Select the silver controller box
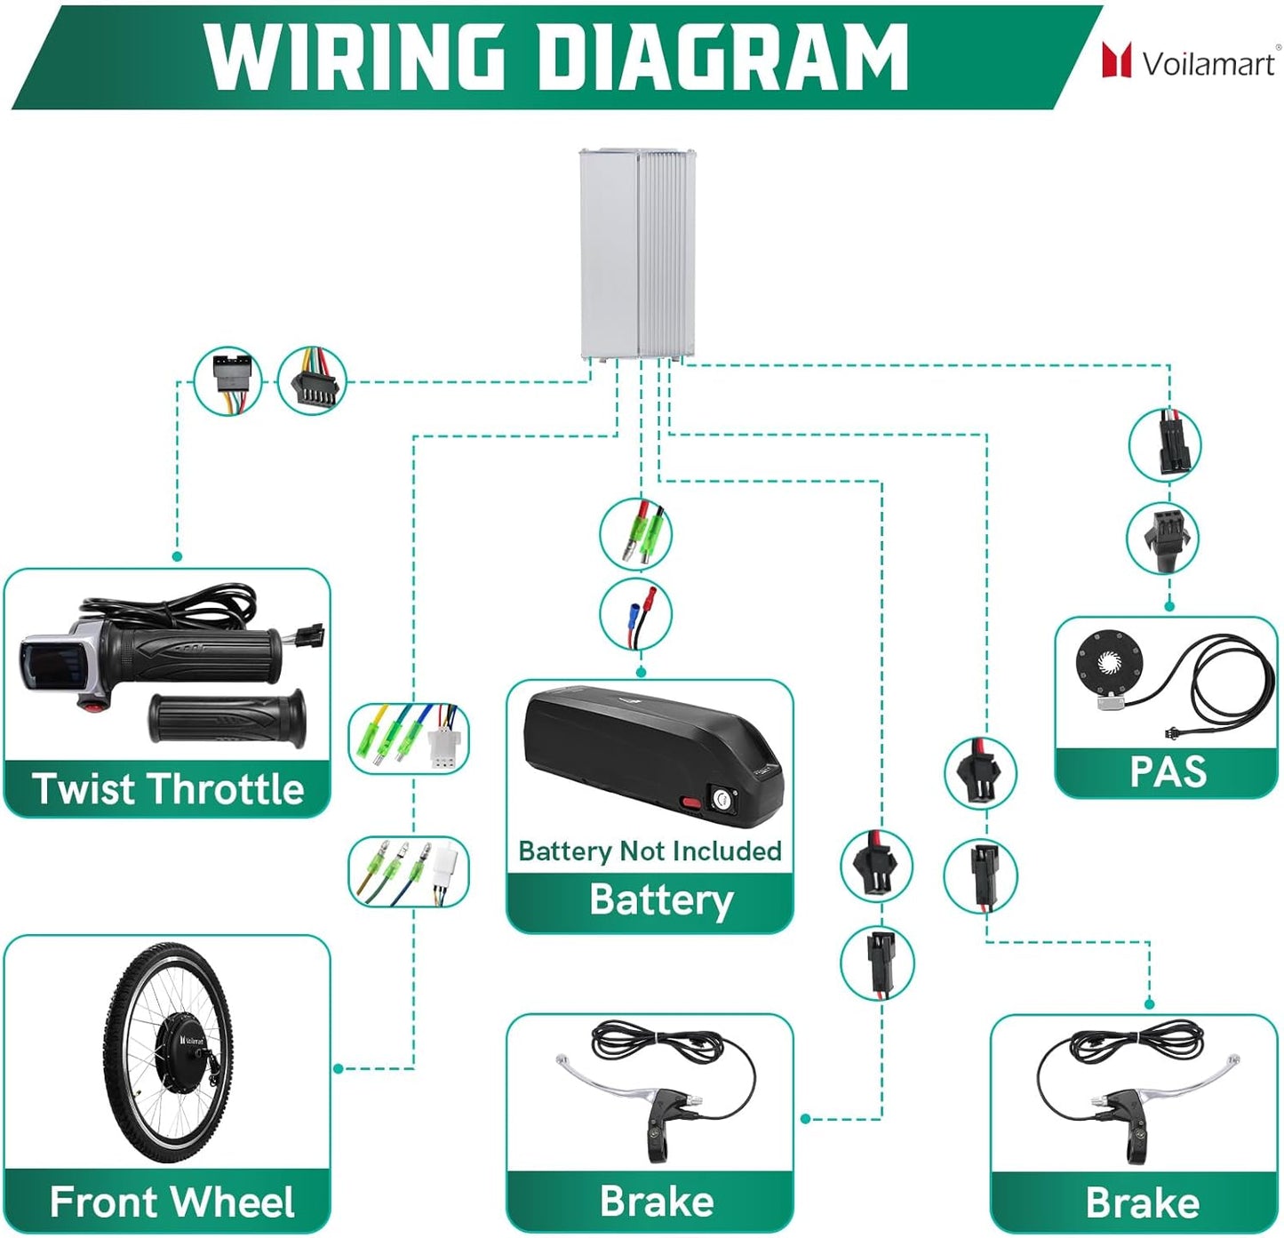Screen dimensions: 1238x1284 [636, 254]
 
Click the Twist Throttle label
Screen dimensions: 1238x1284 [168, 788]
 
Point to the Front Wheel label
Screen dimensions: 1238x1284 [171, 1202]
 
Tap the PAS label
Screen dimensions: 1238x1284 [1167, 771]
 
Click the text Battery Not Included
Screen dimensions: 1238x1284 [650, 851]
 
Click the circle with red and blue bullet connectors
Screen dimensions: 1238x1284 [635, 614]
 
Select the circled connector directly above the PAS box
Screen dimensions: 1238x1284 [1163, 539]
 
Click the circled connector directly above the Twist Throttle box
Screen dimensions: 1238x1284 [227, 381]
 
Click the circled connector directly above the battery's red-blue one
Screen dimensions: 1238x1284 [635, 534]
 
